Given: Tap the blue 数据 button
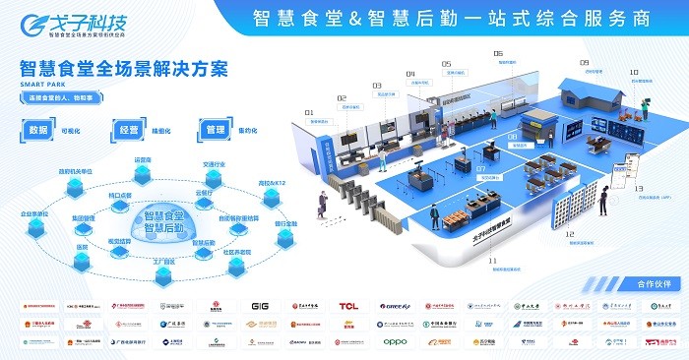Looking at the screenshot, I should click(40, 129).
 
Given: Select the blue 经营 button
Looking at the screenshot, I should click(129, 129).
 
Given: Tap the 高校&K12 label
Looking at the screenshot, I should click(271, 183).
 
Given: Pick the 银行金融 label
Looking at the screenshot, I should click(284, 223).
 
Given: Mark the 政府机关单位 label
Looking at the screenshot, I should click(74, 169).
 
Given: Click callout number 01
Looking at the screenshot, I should click(308, 113).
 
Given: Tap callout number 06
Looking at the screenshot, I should click(498, 54).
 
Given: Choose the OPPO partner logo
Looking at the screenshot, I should click(395, 342).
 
